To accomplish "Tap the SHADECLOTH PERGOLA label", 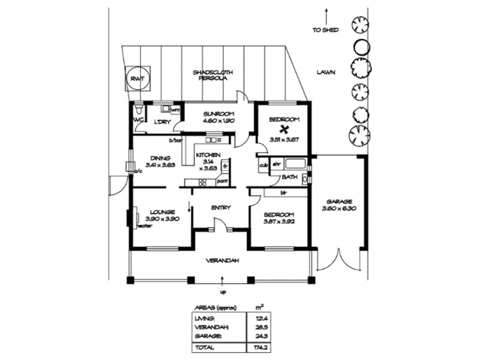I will pos(213,76).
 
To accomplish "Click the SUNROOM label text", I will pos(218,114).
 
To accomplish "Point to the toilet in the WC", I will pos(139,110).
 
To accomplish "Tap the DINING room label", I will pos(159,159).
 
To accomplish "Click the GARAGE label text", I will pos(339,202).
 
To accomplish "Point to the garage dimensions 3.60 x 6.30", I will pos(339,209).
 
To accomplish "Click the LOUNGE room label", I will pos(163,212).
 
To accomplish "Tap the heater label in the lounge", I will pos(144,226).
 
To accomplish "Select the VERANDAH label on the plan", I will pos(223,260).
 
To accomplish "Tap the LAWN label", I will pos(326,73).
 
